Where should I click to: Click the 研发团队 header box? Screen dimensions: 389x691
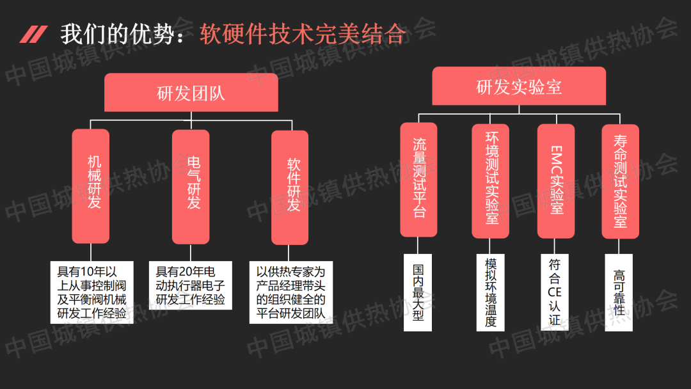(x=191, y=93)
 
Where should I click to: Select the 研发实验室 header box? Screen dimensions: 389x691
(x=519, y=86)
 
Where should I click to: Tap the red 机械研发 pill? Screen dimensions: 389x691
(x=91, y=186)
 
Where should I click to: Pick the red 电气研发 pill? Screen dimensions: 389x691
(x=191, y=186)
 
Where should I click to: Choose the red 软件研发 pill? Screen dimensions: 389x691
(x=290, y=187)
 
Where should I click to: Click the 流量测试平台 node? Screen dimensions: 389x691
(x=418, y=179)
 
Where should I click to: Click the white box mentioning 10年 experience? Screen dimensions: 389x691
(x=91, y=292)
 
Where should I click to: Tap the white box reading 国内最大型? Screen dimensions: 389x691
(x=418, y=292)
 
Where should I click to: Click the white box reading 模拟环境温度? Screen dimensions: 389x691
(x=490, y=292)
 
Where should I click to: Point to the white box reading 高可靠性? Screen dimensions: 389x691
(x=619, y=292)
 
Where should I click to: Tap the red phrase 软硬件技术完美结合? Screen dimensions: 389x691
(x=302, y=34)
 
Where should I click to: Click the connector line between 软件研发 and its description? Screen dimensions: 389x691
(x=290, y=253)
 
